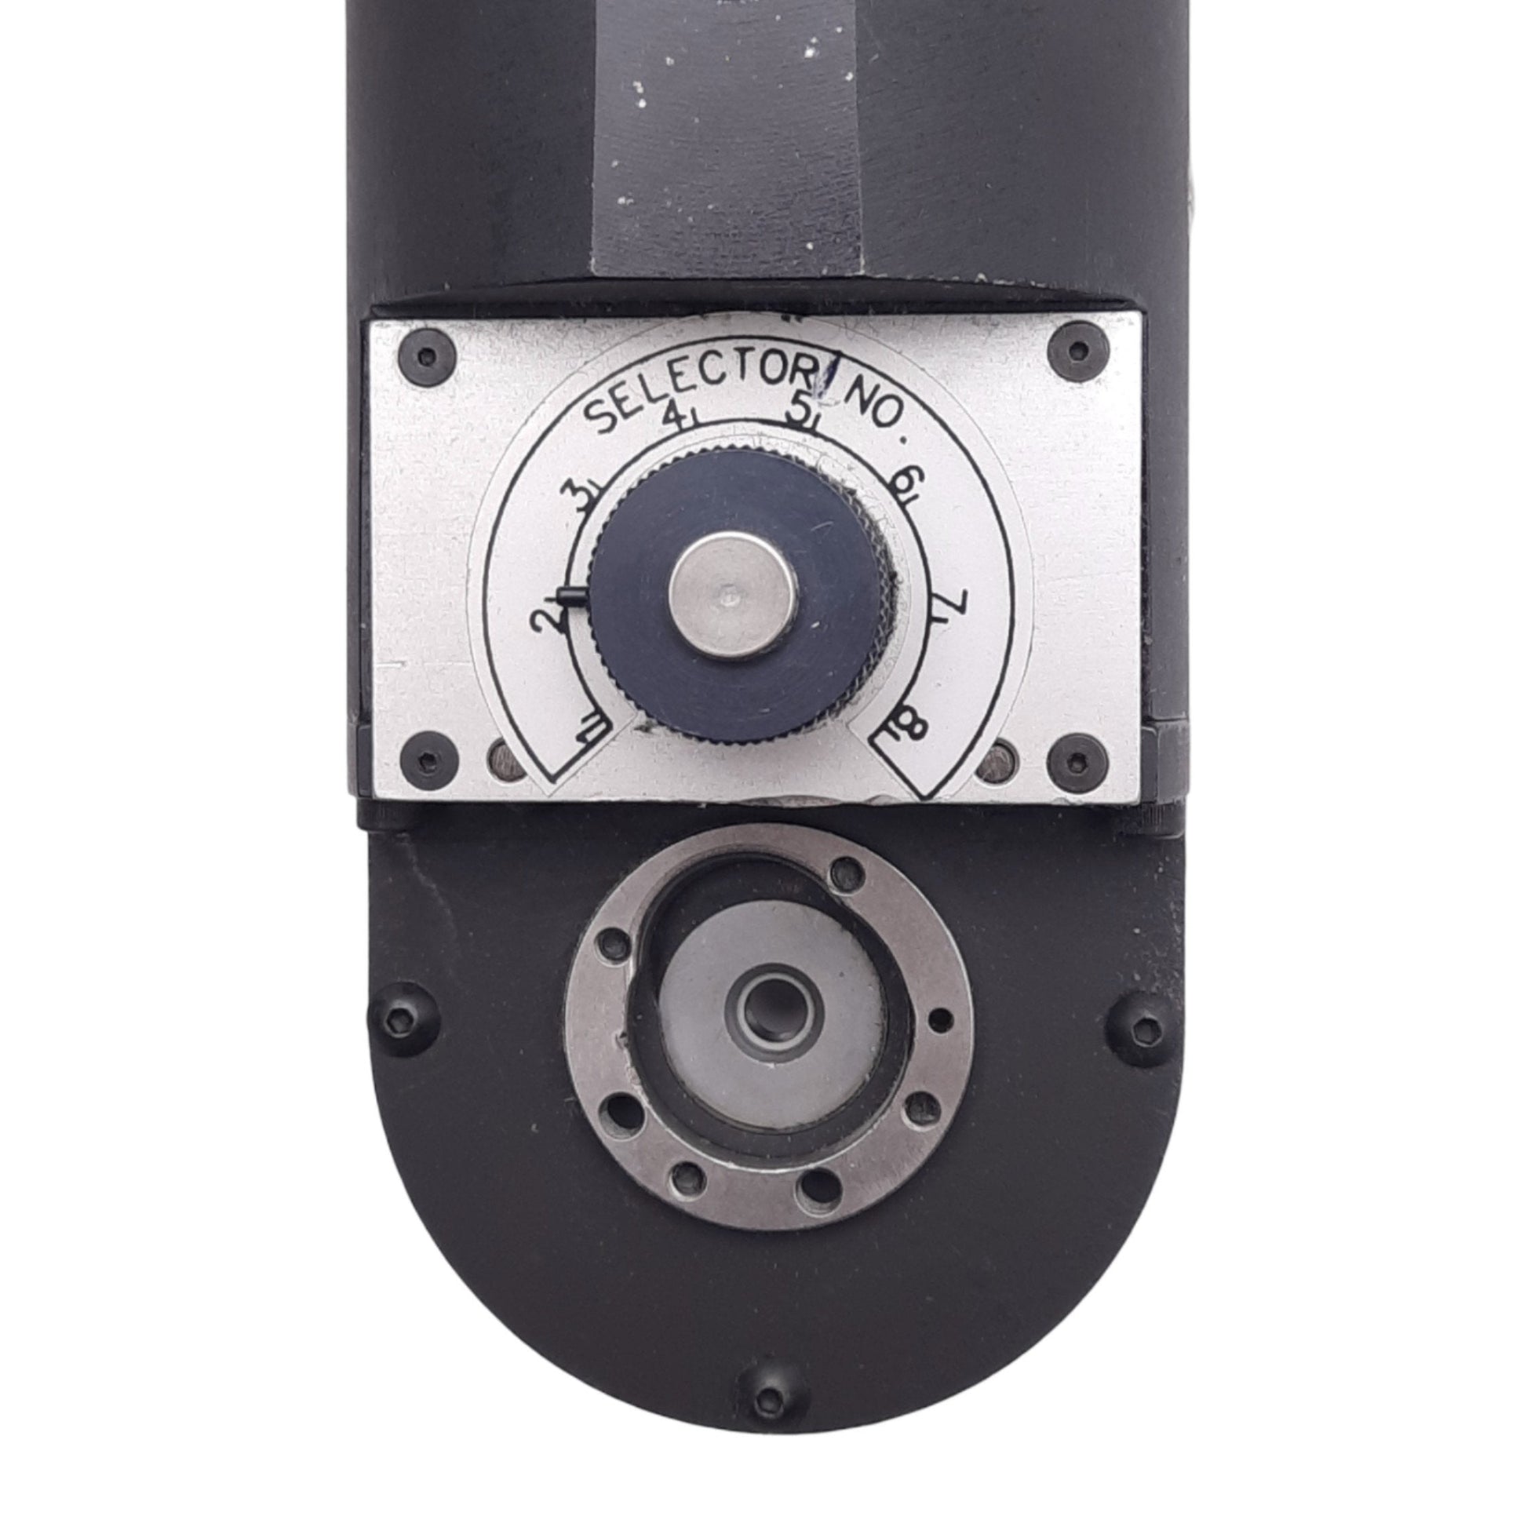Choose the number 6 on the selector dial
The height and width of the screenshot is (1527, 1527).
[902, 483]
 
